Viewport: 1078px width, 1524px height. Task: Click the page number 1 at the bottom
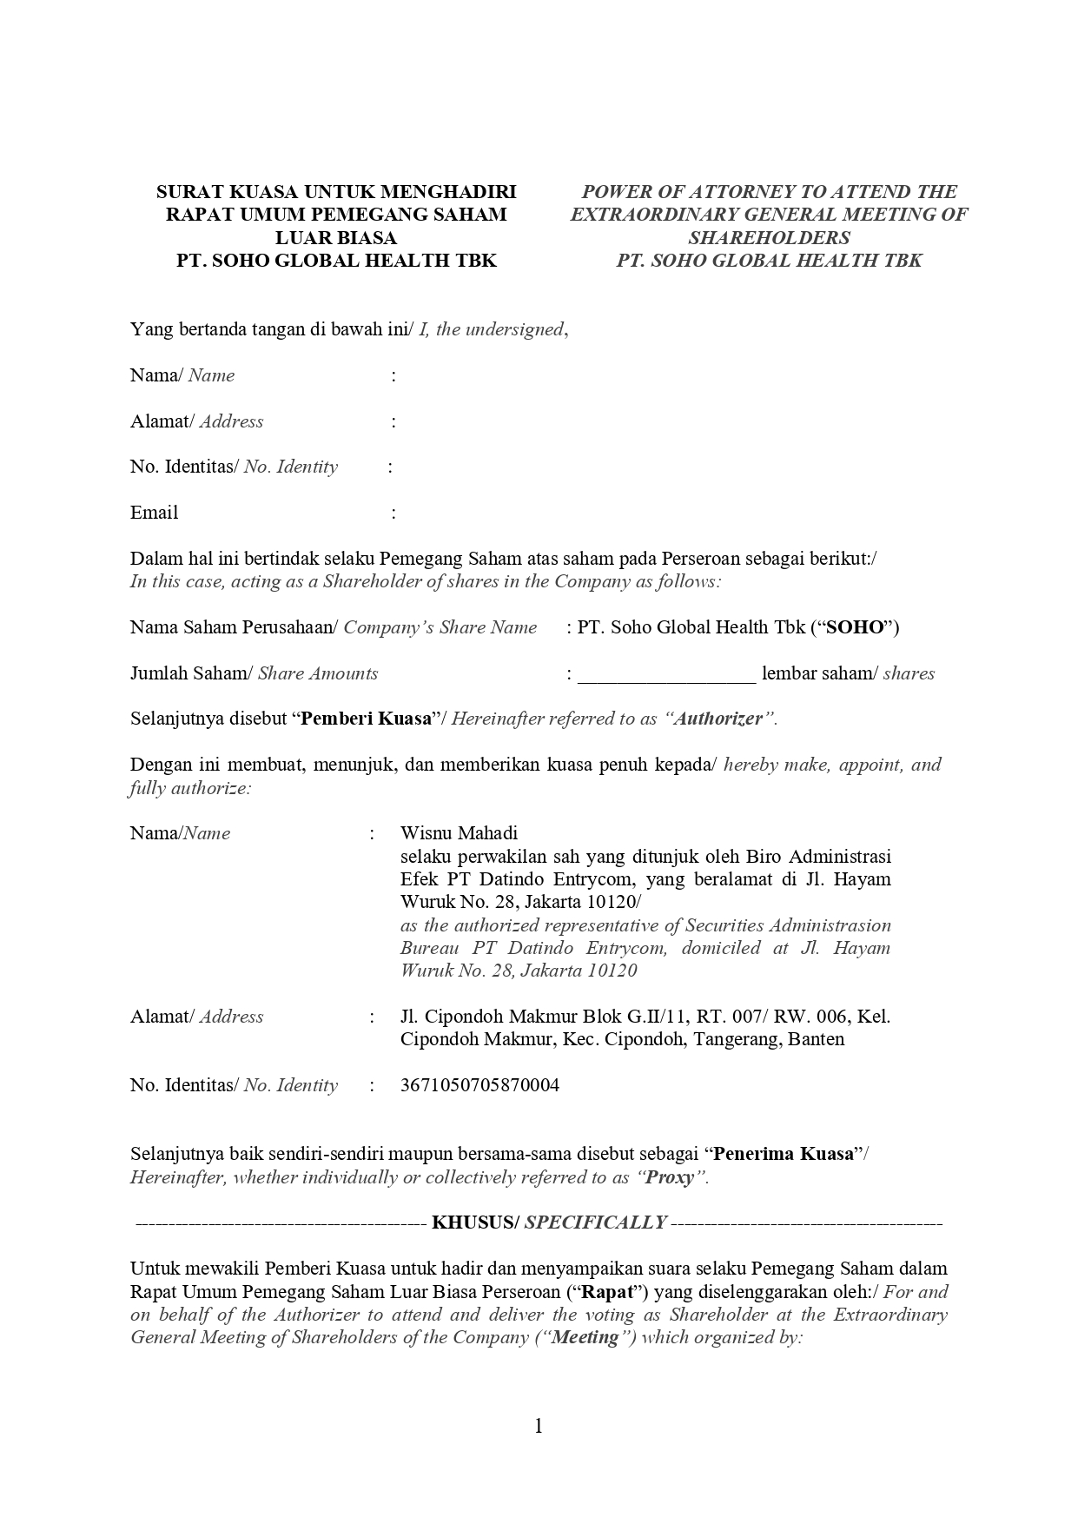click(539, 1426)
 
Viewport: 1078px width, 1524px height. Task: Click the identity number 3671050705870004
click(479, 1084)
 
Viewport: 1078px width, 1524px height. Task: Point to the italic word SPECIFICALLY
click(595, 1223)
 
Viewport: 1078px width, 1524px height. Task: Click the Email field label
click(154, 513)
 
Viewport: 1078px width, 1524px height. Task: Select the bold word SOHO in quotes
click(854, 627)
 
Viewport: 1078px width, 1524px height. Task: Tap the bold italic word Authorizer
click(718, 719)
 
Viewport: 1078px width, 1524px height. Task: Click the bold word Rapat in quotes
click(605, 1291)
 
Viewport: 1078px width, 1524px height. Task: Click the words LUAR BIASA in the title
click(335, 237)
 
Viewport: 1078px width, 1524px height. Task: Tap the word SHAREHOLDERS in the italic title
click(769, 237)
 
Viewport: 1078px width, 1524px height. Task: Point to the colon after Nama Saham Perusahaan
click(568, 627)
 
